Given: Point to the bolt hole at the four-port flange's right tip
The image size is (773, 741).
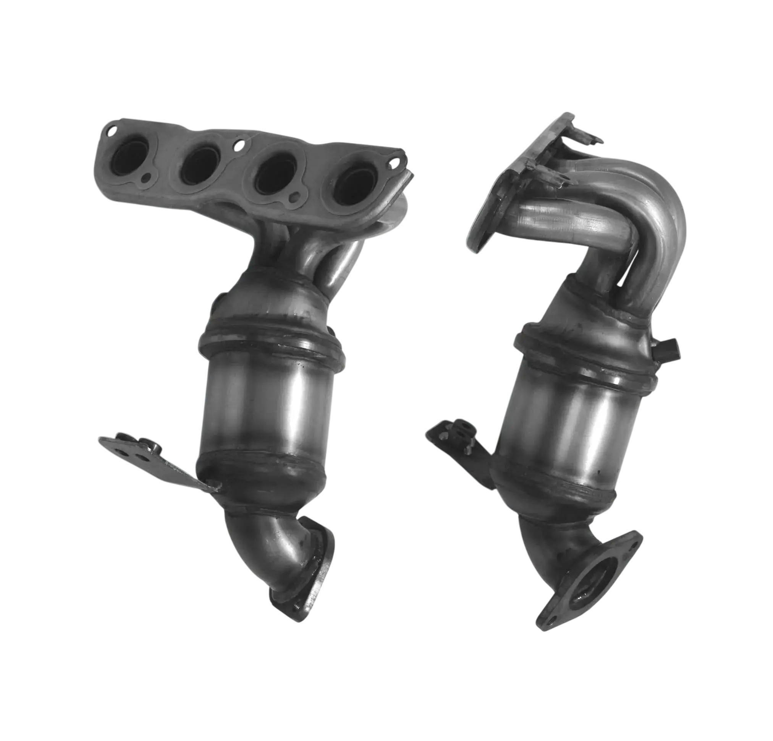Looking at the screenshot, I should [x=393, y=161].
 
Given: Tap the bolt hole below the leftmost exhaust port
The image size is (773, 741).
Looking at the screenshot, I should [x=146, y=179].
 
